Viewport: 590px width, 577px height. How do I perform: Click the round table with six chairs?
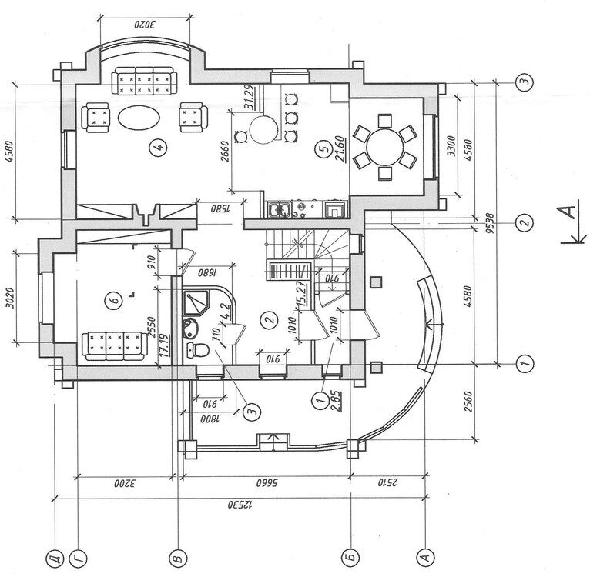pyautogui.click(x=384, y=145)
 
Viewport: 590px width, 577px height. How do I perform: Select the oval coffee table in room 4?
pyautogui.click(x=139, y=118)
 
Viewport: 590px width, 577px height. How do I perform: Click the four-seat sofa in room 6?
pyautogui.click(x=113, y=345)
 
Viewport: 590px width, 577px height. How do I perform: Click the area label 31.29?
pyautogui.click(x=250, y=98)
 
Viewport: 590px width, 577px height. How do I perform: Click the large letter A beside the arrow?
pyautogui.click(x=566, y=216)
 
